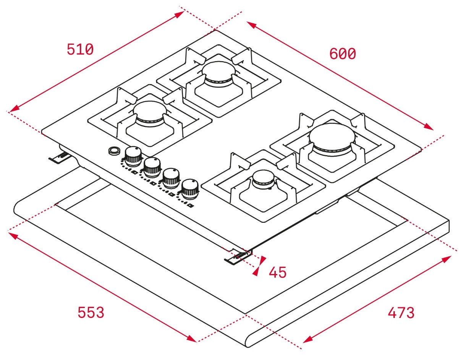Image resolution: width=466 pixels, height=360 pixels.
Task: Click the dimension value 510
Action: click(80, 50)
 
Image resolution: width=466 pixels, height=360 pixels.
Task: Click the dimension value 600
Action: click(343, 54)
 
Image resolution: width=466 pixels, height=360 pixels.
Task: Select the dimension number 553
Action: click(91, 312)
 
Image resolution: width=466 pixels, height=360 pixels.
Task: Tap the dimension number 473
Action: click(401, 313)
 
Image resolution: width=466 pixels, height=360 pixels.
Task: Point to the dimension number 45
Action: click(278, 272)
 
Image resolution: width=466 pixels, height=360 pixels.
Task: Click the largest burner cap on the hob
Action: click(332, 134)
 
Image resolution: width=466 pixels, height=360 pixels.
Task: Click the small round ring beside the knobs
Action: click(113, 151)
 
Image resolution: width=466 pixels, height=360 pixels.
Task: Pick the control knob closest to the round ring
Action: click(133, 155)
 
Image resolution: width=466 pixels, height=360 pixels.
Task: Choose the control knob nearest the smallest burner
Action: click(190, 188)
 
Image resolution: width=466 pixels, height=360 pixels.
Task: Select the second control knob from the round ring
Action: click(152, 166)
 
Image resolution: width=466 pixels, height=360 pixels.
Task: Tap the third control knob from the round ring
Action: click(171, 177)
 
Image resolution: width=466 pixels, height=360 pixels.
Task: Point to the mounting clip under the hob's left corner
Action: click(58, 157)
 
